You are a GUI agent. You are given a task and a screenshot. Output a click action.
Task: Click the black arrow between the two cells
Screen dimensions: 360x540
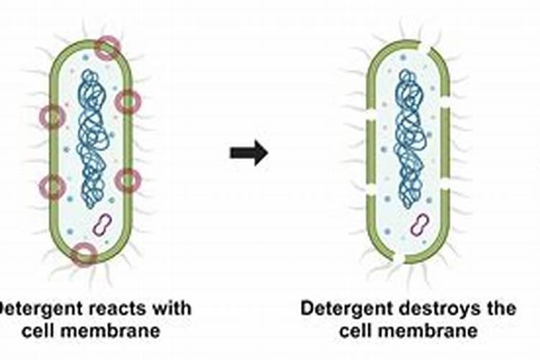click(x=248, y=153)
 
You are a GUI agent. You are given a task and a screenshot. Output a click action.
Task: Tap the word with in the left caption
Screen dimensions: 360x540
click(x=173, y=309)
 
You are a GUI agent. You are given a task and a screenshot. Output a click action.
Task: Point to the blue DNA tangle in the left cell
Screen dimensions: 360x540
click(x=91, y=137)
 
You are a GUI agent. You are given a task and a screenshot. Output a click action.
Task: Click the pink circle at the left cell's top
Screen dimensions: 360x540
click(x=107, y=48)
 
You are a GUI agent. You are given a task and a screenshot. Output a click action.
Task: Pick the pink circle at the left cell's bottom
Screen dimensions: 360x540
click(x=84, y=253)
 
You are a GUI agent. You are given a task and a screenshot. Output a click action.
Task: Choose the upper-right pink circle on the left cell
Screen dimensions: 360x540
click(x=127, y=102)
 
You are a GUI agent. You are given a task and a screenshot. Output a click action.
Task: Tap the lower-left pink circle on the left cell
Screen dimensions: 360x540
click(x=53, y=187)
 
